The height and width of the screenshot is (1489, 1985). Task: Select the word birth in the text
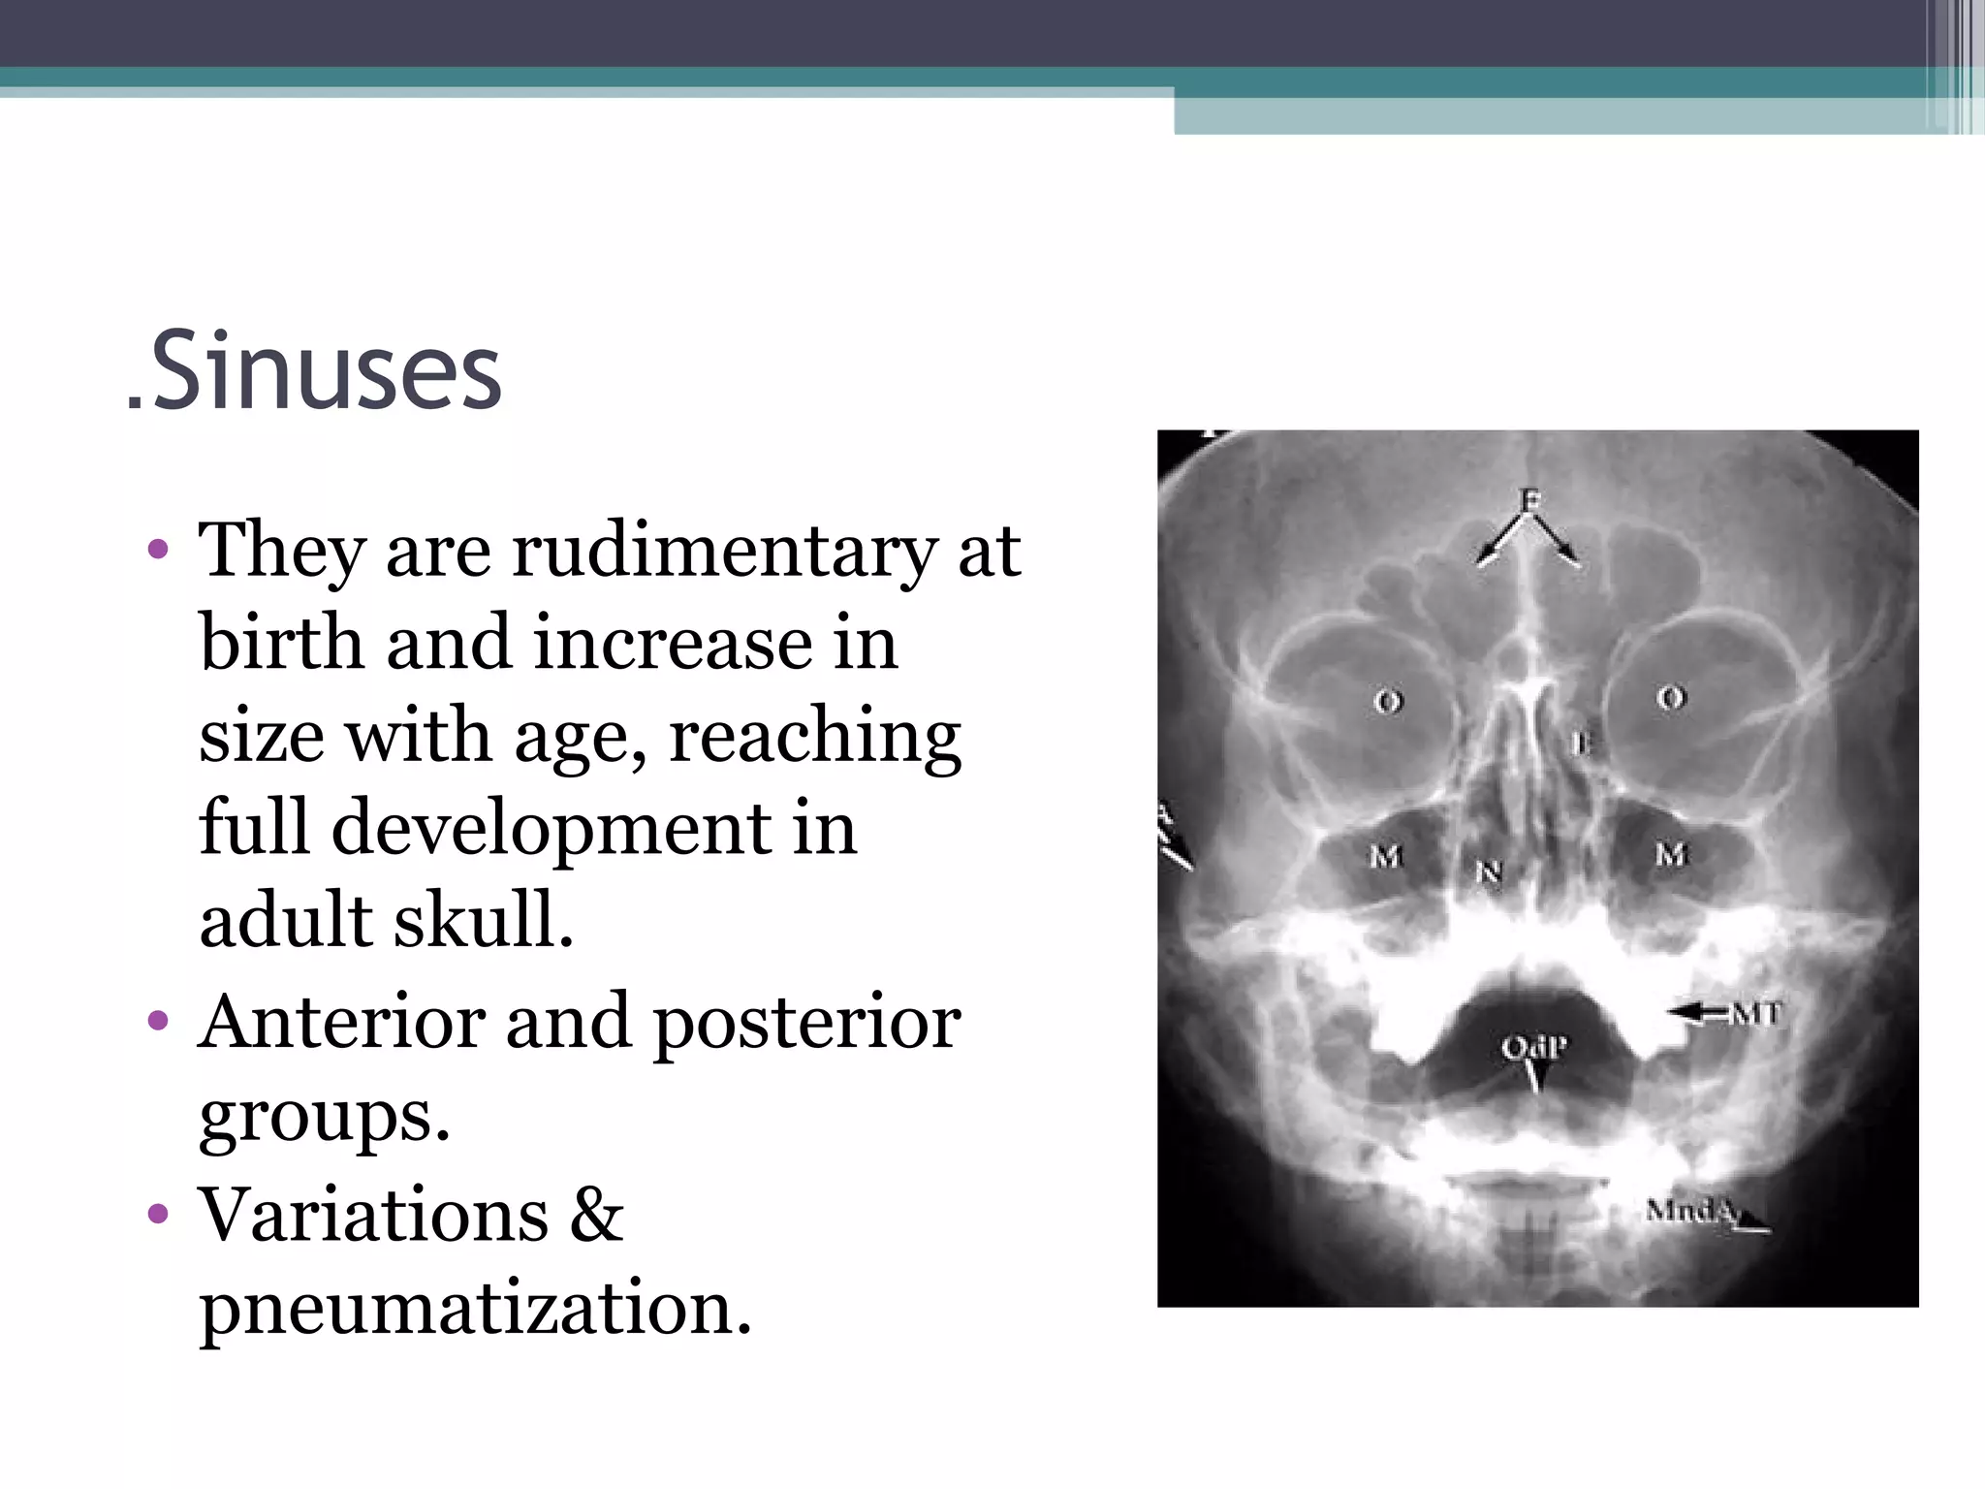pyautogui.click(x=281, y=643)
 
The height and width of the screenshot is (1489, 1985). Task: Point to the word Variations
pyautogui.click(x=373, y=1215)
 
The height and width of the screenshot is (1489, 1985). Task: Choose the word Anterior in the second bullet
pyautogui.click(x=341, y=1023)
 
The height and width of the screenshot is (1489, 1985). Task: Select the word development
pyautogui.click(x=551, y=830)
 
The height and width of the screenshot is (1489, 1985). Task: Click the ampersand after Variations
pyautogui.click(x=596, y=1215)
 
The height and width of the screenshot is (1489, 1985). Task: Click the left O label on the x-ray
pyautogui.click(x=1388, y=700)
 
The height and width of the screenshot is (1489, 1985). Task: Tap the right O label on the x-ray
pyautogui.click(x=1672, y=696)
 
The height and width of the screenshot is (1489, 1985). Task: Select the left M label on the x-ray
pyautogui.click(x=1386, y=856)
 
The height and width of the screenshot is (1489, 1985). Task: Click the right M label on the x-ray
pyautogui.click(x=1671, y=854)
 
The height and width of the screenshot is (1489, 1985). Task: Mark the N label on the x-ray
pyautogui.click(x=1489, y=872)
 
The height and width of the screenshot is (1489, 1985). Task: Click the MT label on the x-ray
pyautogui.click(x=1755, y=1013)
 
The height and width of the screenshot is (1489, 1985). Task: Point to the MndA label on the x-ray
pyautogui.click(x=1690, y=1210)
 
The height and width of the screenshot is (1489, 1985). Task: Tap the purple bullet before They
pyautogui.click(x=158, y=551)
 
